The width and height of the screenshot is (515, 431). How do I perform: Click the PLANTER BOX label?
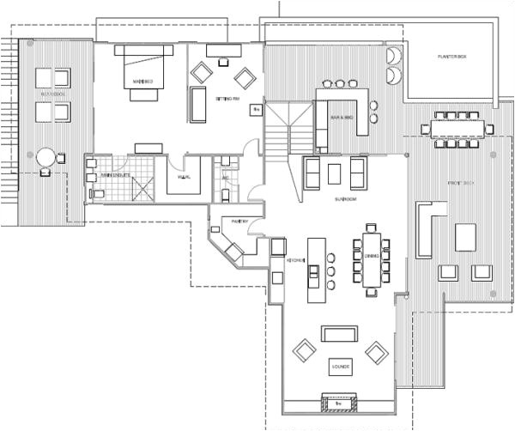point(450,57)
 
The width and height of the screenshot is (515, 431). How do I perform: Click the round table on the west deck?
point(45,157)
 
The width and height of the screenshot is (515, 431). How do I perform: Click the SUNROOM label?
point(346,199)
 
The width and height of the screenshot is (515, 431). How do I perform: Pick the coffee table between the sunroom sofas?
point(334,173)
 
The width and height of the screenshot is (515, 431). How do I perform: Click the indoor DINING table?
point(373,256)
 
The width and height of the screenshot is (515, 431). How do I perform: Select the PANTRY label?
point(239,222)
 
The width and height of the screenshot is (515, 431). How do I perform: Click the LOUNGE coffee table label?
point(339,367)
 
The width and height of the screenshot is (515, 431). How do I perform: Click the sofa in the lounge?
point(339,333)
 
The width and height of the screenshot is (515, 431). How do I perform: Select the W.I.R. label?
point(183,177)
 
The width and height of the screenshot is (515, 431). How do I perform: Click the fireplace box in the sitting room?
point(255,109)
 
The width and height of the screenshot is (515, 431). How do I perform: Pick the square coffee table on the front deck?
point(466,235)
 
